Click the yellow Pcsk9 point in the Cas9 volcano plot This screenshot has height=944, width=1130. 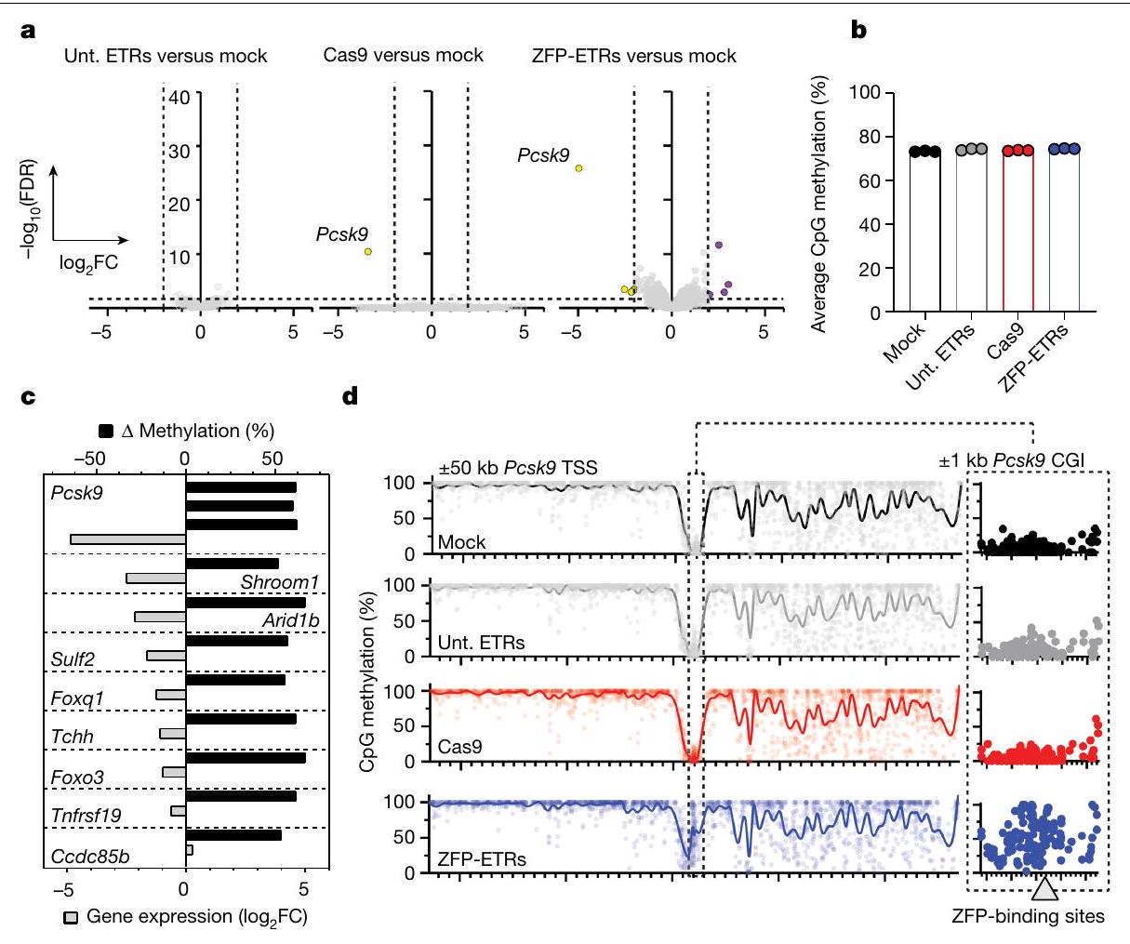coord(368,251)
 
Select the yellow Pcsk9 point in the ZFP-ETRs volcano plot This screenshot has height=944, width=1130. coord(578,168)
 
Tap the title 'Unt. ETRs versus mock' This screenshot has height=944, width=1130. coord(166,56)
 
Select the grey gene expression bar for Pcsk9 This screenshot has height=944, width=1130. coord(128,539)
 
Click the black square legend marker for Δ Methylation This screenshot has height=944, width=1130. coord(105,431)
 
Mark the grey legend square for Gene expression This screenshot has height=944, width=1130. coord(70,917)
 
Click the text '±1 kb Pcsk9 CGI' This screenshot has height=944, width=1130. coord(1014,459)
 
